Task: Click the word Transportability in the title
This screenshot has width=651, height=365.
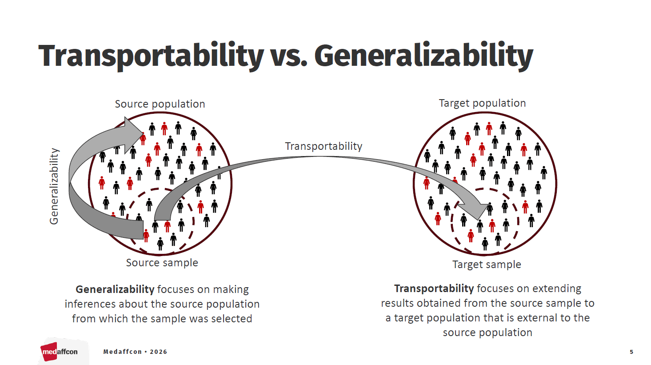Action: click(x=151, y=56)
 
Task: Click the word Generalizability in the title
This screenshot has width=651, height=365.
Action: click(x=423, y=56)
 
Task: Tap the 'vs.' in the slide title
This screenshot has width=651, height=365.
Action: click(x=289, y=56)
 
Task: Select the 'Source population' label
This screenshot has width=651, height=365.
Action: click(x=160, y=104)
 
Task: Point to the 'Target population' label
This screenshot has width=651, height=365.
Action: click(x=482, y=103)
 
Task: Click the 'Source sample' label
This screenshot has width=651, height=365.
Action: click(x=162, y=263)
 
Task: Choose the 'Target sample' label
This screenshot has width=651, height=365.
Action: click(x=487, y=265)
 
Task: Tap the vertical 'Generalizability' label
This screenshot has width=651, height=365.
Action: click(x=54, y=186)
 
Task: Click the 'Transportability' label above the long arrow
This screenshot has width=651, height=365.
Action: click(x=324, y=146)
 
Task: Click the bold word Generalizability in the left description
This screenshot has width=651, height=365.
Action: click(x=115, y=289)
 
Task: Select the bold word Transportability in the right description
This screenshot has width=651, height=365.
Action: click(x=434, y=289)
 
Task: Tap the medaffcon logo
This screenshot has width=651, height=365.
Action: click(x=60, y=352)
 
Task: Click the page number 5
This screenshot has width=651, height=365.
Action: click(x=631, y=352)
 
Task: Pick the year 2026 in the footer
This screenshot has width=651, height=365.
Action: click(x=158, y=352)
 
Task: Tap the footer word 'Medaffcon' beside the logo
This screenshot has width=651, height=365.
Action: click(x=122, y=352)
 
